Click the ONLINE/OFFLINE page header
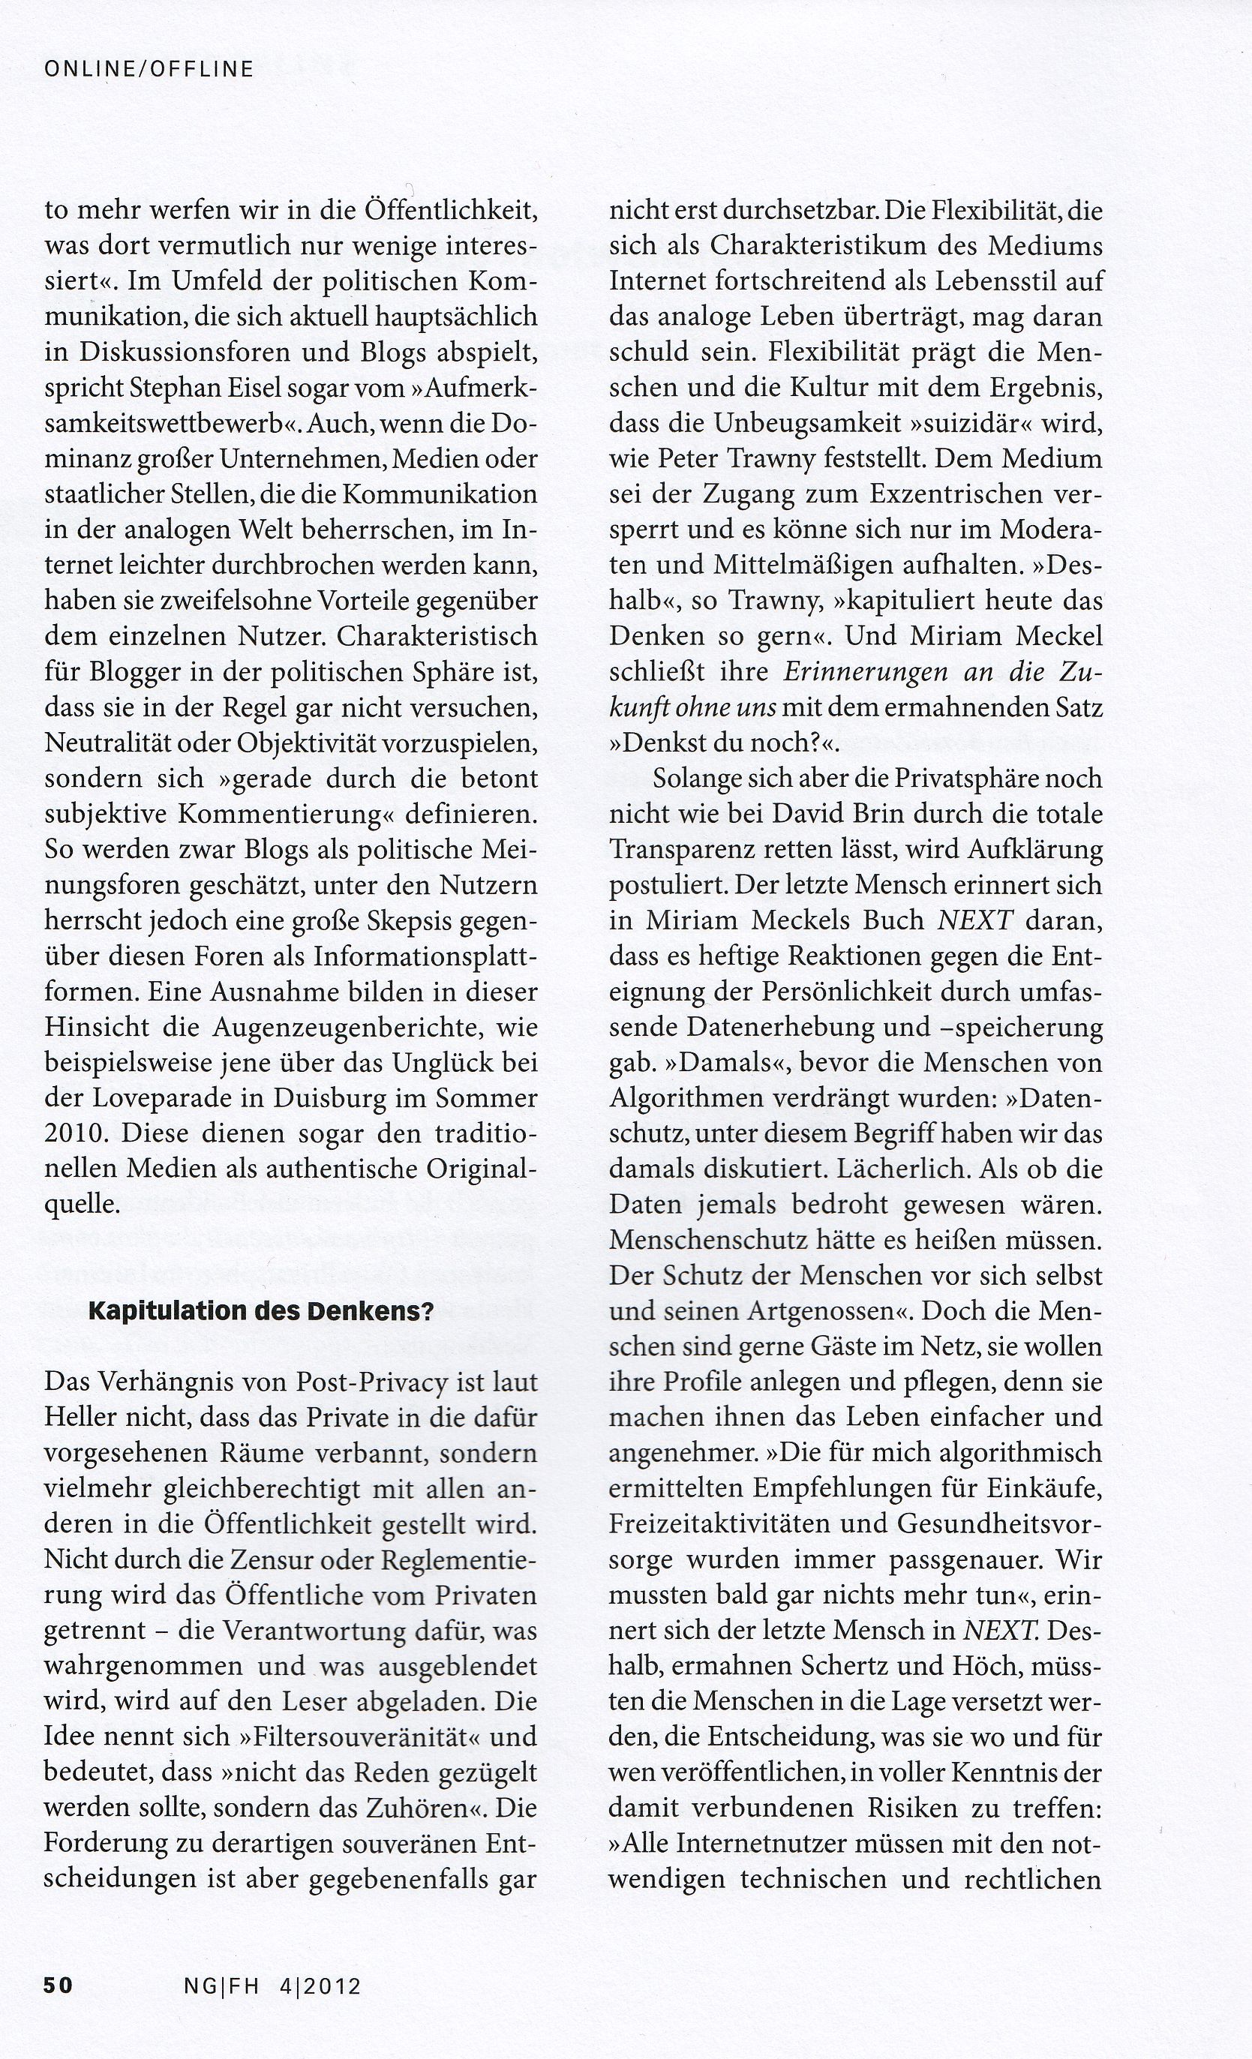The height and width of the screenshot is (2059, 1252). tap(149, 69)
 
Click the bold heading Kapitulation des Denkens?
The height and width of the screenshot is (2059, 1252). tap(261, 1311)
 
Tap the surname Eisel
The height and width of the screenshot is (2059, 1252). tap(256, 388)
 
